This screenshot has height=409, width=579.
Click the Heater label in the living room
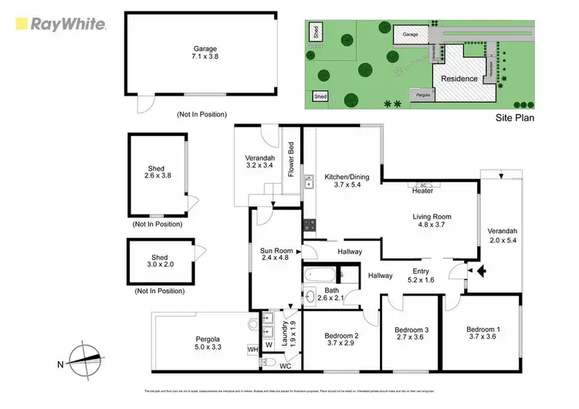click(x=422, y=191)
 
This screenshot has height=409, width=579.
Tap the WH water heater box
click(x=252, y=350)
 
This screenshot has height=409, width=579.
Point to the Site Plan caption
click(x=514, y=118)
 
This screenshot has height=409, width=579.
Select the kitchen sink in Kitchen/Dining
click(x=309, y=182)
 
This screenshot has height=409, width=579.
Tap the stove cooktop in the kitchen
click(x=309, y=226)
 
